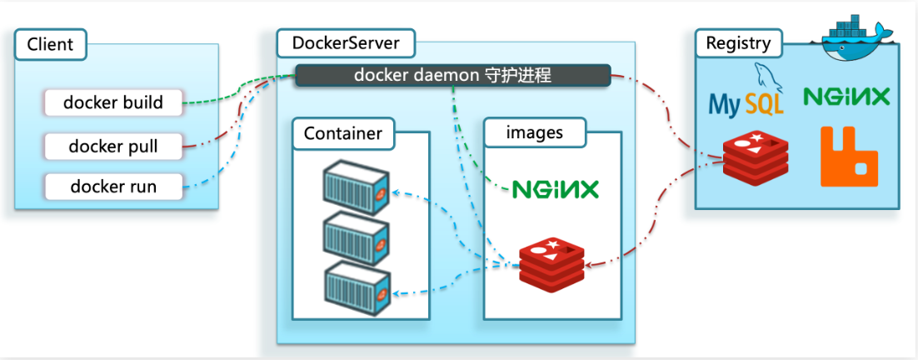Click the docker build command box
(x=113, y=103)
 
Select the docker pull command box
(x=113, y=147)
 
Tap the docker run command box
(x=113, y=187)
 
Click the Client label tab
(x=50, y=44)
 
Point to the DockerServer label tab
(x=345, y=42)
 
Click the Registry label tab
(x=738, y=42)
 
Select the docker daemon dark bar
(x=452, y=75)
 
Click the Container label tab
(x=342, y=133)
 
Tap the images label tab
(x=535, y=132)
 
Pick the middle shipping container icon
(x=356, y=236)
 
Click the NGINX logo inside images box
(x=555, y=189)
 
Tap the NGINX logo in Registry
(x=846, y=97)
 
